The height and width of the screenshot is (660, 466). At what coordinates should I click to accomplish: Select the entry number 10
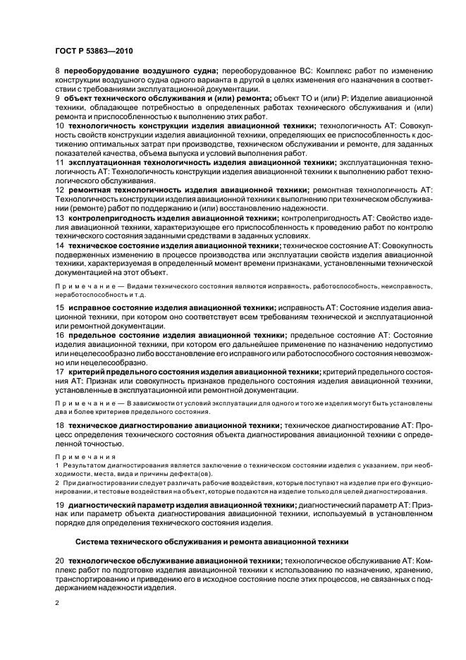[x=59, y=125]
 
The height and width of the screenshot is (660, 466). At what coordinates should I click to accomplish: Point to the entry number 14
[x=59, y=245]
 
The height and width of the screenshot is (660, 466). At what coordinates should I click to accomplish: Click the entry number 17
[x=59, y=371]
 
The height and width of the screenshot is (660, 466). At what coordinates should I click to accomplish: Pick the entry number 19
[x=59, y=506]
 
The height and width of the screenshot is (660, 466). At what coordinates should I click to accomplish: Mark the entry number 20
[x=59, y=560]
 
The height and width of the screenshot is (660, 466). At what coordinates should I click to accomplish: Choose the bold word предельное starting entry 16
[x=92, y=335]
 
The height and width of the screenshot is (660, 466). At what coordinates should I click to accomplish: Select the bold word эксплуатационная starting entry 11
[x=104, y=161]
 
